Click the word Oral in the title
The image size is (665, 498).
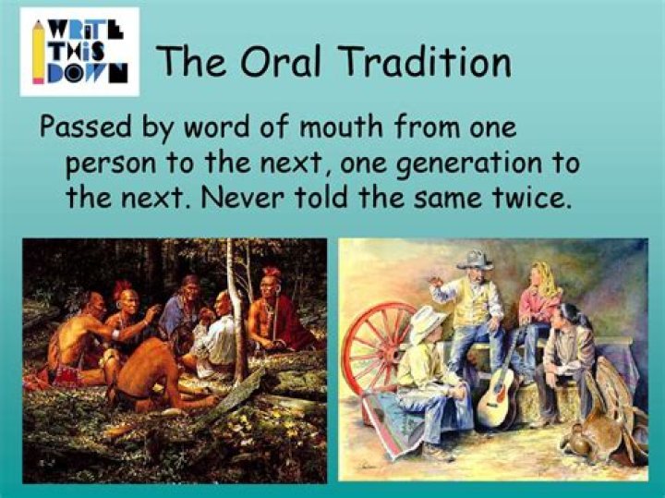pyautogui.click(x=284, y=62)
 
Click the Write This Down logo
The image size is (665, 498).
pyautogui.click(x=79, y=52)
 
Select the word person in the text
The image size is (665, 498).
pyautogui.click(x=111, y=164)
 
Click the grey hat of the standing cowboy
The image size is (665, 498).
pyautogui.click(x=475, y=260)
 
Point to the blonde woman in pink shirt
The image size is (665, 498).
pyautogui.click(x=541, y=296)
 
